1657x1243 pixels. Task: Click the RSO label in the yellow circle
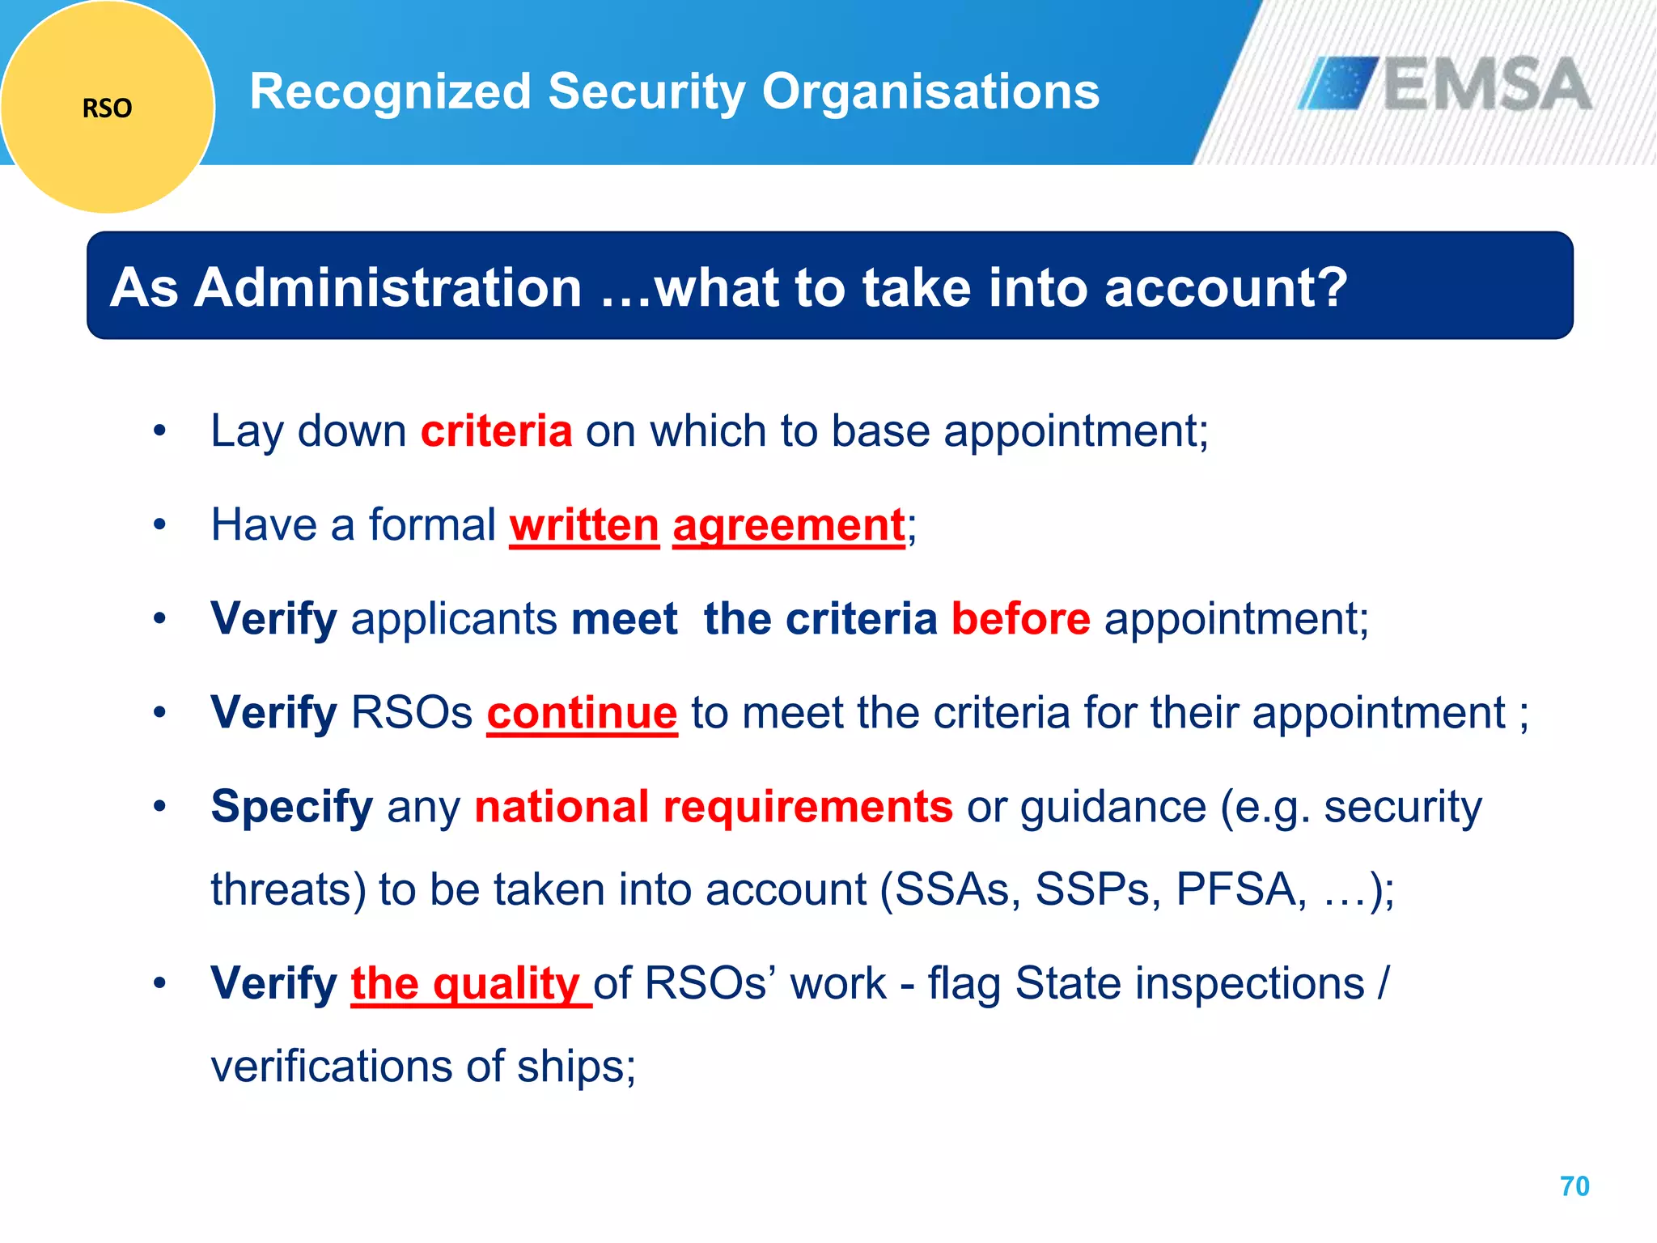click(107, 108)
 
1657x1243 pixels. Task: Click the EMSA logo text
click(1487, 84)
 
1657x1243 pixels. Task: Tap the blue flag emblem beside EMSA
click(1339, 83)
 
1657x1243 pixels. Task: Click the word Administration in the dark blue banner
click(388, 288)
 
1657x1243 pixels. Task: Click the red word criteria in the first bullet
click(496, 431)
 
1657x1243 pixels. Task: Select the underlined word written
click(584, 525)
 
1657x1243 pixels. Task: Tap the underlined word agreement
click(788, 525)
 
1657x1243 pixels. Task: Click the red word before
click(1020, 619)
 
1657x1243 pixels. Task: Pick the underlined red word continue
click(582, 713)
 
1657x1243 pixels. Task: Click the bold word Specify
click(291, 807)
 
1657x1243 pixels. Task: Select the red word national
click(562, 807)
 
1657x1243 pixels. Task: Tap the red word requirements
click(807, 807)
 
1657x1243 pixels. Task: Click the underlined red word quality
click(505, 983)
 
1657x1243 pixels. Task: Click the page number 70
click(1574, 1186)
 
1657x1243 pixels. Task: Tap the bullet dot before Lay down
click(159, 431)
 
